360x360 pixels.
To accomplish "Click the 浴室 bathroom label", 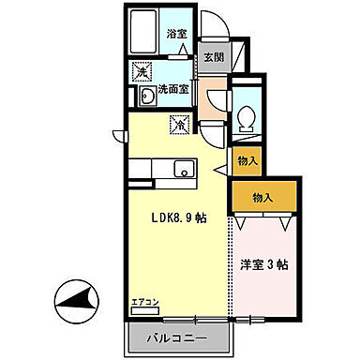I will point(176,35).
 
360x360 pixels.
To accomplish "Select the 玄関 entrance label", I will point(213,55).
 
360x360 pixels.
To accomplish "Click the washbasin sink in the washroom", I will point(144,97).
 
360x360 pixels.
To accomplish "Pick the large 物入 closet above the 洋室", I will point(263,197).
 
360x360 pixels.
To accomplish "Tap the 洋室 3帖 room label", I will point(265,265).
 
